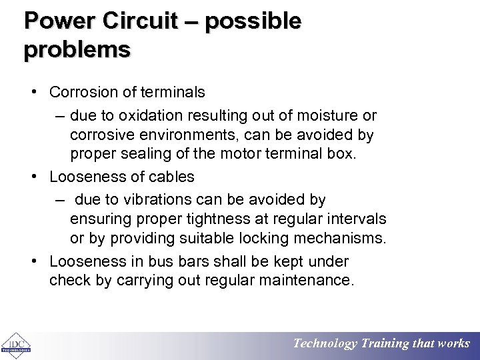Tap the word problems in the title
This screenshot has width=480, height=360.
click(77, 50)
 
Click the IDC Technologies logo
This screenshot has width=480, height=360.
click(15, 344)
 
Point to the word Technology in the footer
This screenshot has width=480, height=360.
click(325, 344)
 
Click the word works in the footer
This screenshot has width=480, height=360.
click(453, 344)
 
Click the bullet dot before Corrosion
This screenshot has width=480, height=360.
click(33, 91)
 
